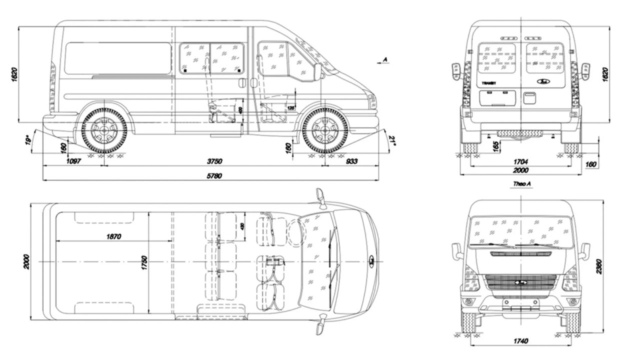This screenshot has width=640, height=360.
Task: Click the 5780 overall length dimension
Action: tap(214, 175)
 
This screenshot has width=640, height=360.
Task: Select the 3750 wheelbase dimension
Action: tap(214, 161)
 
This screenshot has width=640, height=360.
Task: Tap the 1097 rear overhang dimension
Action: tap(73, 161)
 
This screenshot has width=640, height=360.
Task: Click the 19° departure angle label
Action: tap(28, 140)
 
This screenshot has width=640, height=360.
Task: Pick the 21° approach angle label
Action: tap(393, 142)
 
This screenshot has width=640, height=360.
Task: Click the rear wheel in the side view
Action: tap(104, 130)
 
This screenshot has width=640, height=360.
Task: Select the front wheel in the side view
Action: tap(325, 130)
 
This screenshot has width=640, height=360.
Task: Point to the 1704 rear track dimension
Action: tap(520, 161)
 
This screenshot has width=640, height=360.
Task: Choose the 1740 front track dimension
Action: tap(520, 341)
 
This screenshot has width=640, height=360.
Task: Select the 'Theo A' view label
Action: tap(521, 184)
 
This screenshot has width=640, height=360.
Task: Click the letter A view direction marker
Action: tap(384, 59)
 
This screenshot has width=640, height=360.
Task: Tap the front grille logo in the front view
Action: tap(521, 282)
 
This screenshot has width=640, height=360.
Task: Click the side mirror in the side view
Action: tap(317, 71)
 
